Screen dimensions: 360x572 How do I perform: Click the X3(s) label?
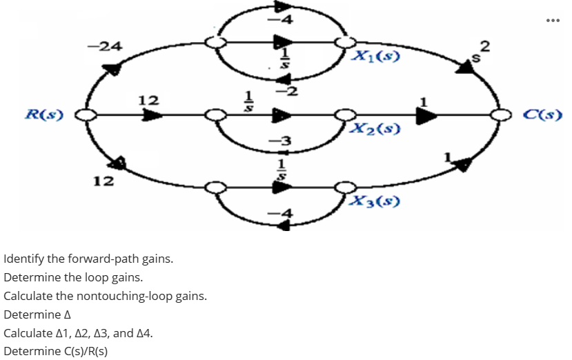click(x=373, y=201)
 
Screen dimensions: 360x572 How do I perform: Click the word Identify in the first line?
click(x=23, y=260)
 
